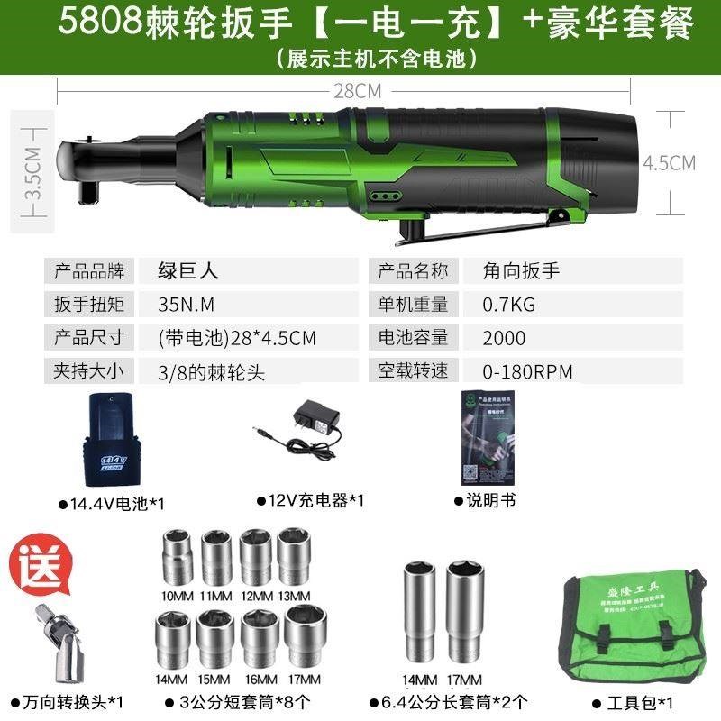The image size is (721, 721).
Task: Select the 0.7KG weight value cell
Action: point(510,304)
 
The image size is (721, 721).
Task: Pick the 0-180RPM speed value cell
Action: point(528,370)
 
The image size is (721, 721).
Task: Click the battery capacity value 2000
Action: point(505,337)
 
